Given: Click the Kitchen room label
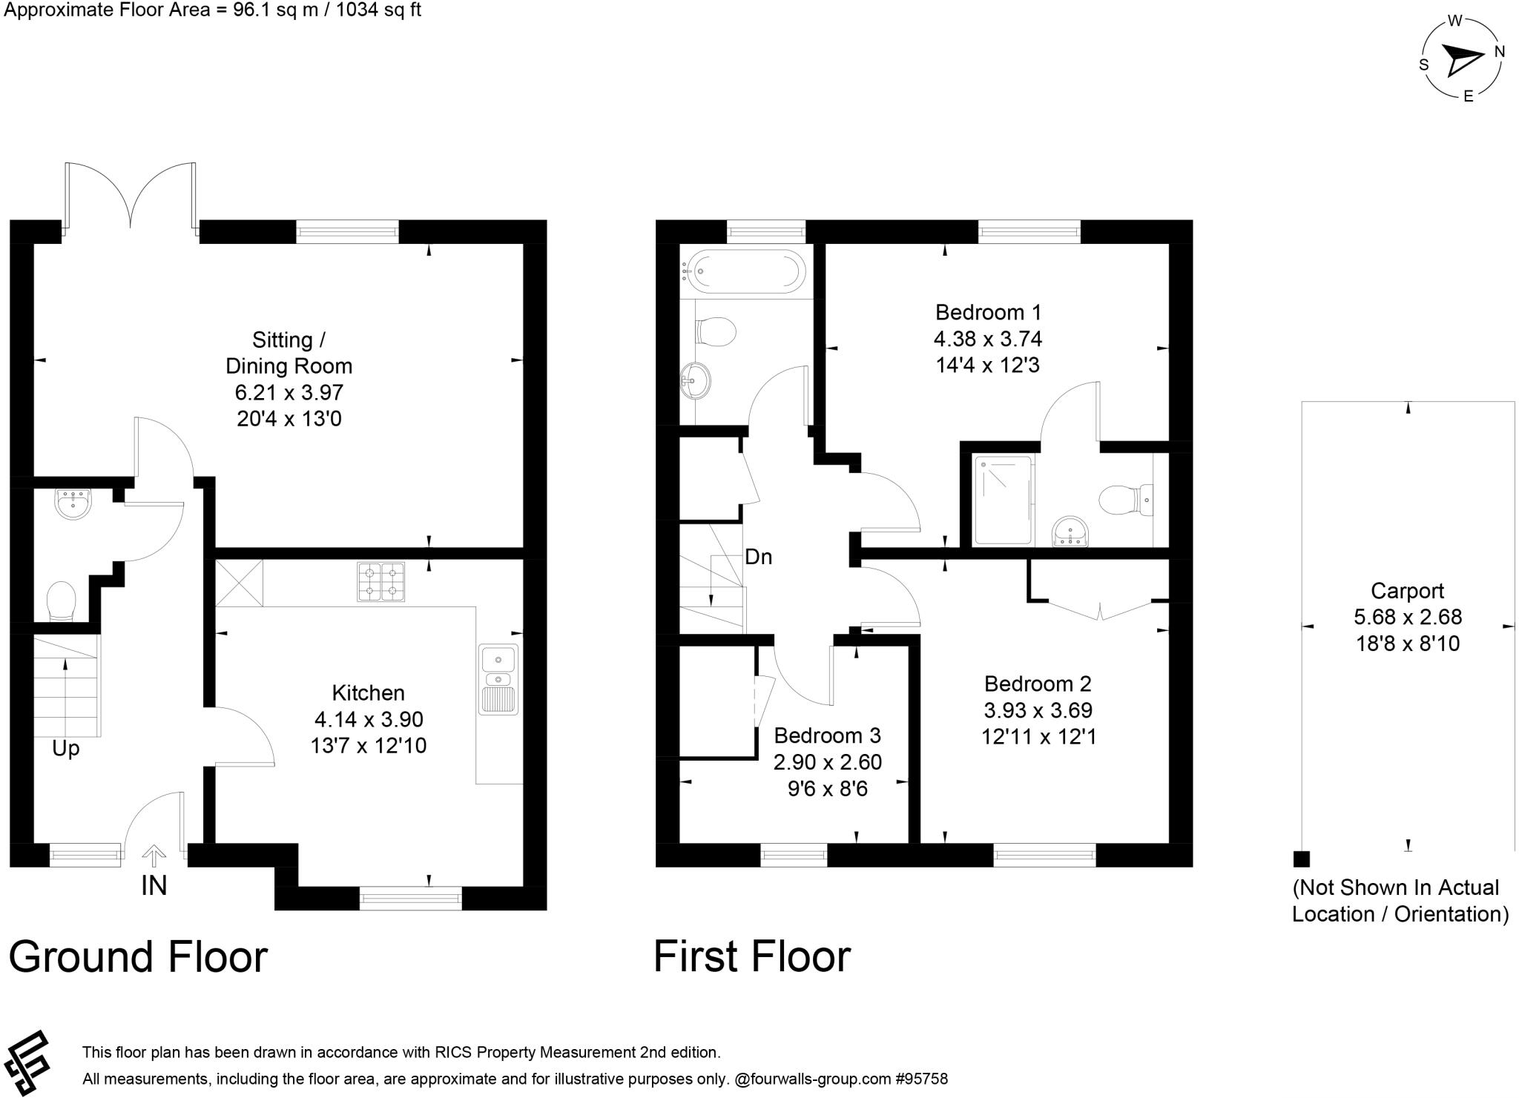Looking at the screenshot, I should (368, 693).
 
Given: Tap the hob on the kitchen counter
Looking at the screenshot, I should (381, 581).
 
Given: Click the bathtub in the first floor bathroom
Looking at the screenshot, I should (743, 271).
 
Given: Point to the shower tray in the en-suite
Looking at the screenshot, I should (1003, 500).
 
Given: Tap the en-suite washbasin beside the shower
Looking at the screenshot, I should (1070, 532).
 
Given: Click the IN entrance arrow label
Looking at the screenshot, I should (154, 885).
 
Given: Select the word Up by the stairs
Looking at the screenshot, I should (65, 749).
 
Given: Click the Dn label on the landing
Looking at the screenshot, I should (758, 557).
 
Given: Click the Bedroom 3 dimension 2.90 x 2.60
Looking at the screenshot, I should (827, 762).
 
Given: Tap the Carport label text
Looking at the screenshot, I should (1407, 591).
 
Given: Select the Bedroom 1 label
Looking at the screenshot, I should (987, 312).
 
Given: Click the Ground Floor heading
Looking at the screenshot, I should (138, 956).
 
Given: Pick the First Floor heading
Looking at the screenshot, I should (751, 956).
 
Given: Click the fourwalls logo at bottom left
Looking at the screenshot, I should (27, 1062).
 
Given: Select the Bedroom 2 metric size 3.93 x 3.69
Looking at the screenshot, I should (1038, 710).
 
